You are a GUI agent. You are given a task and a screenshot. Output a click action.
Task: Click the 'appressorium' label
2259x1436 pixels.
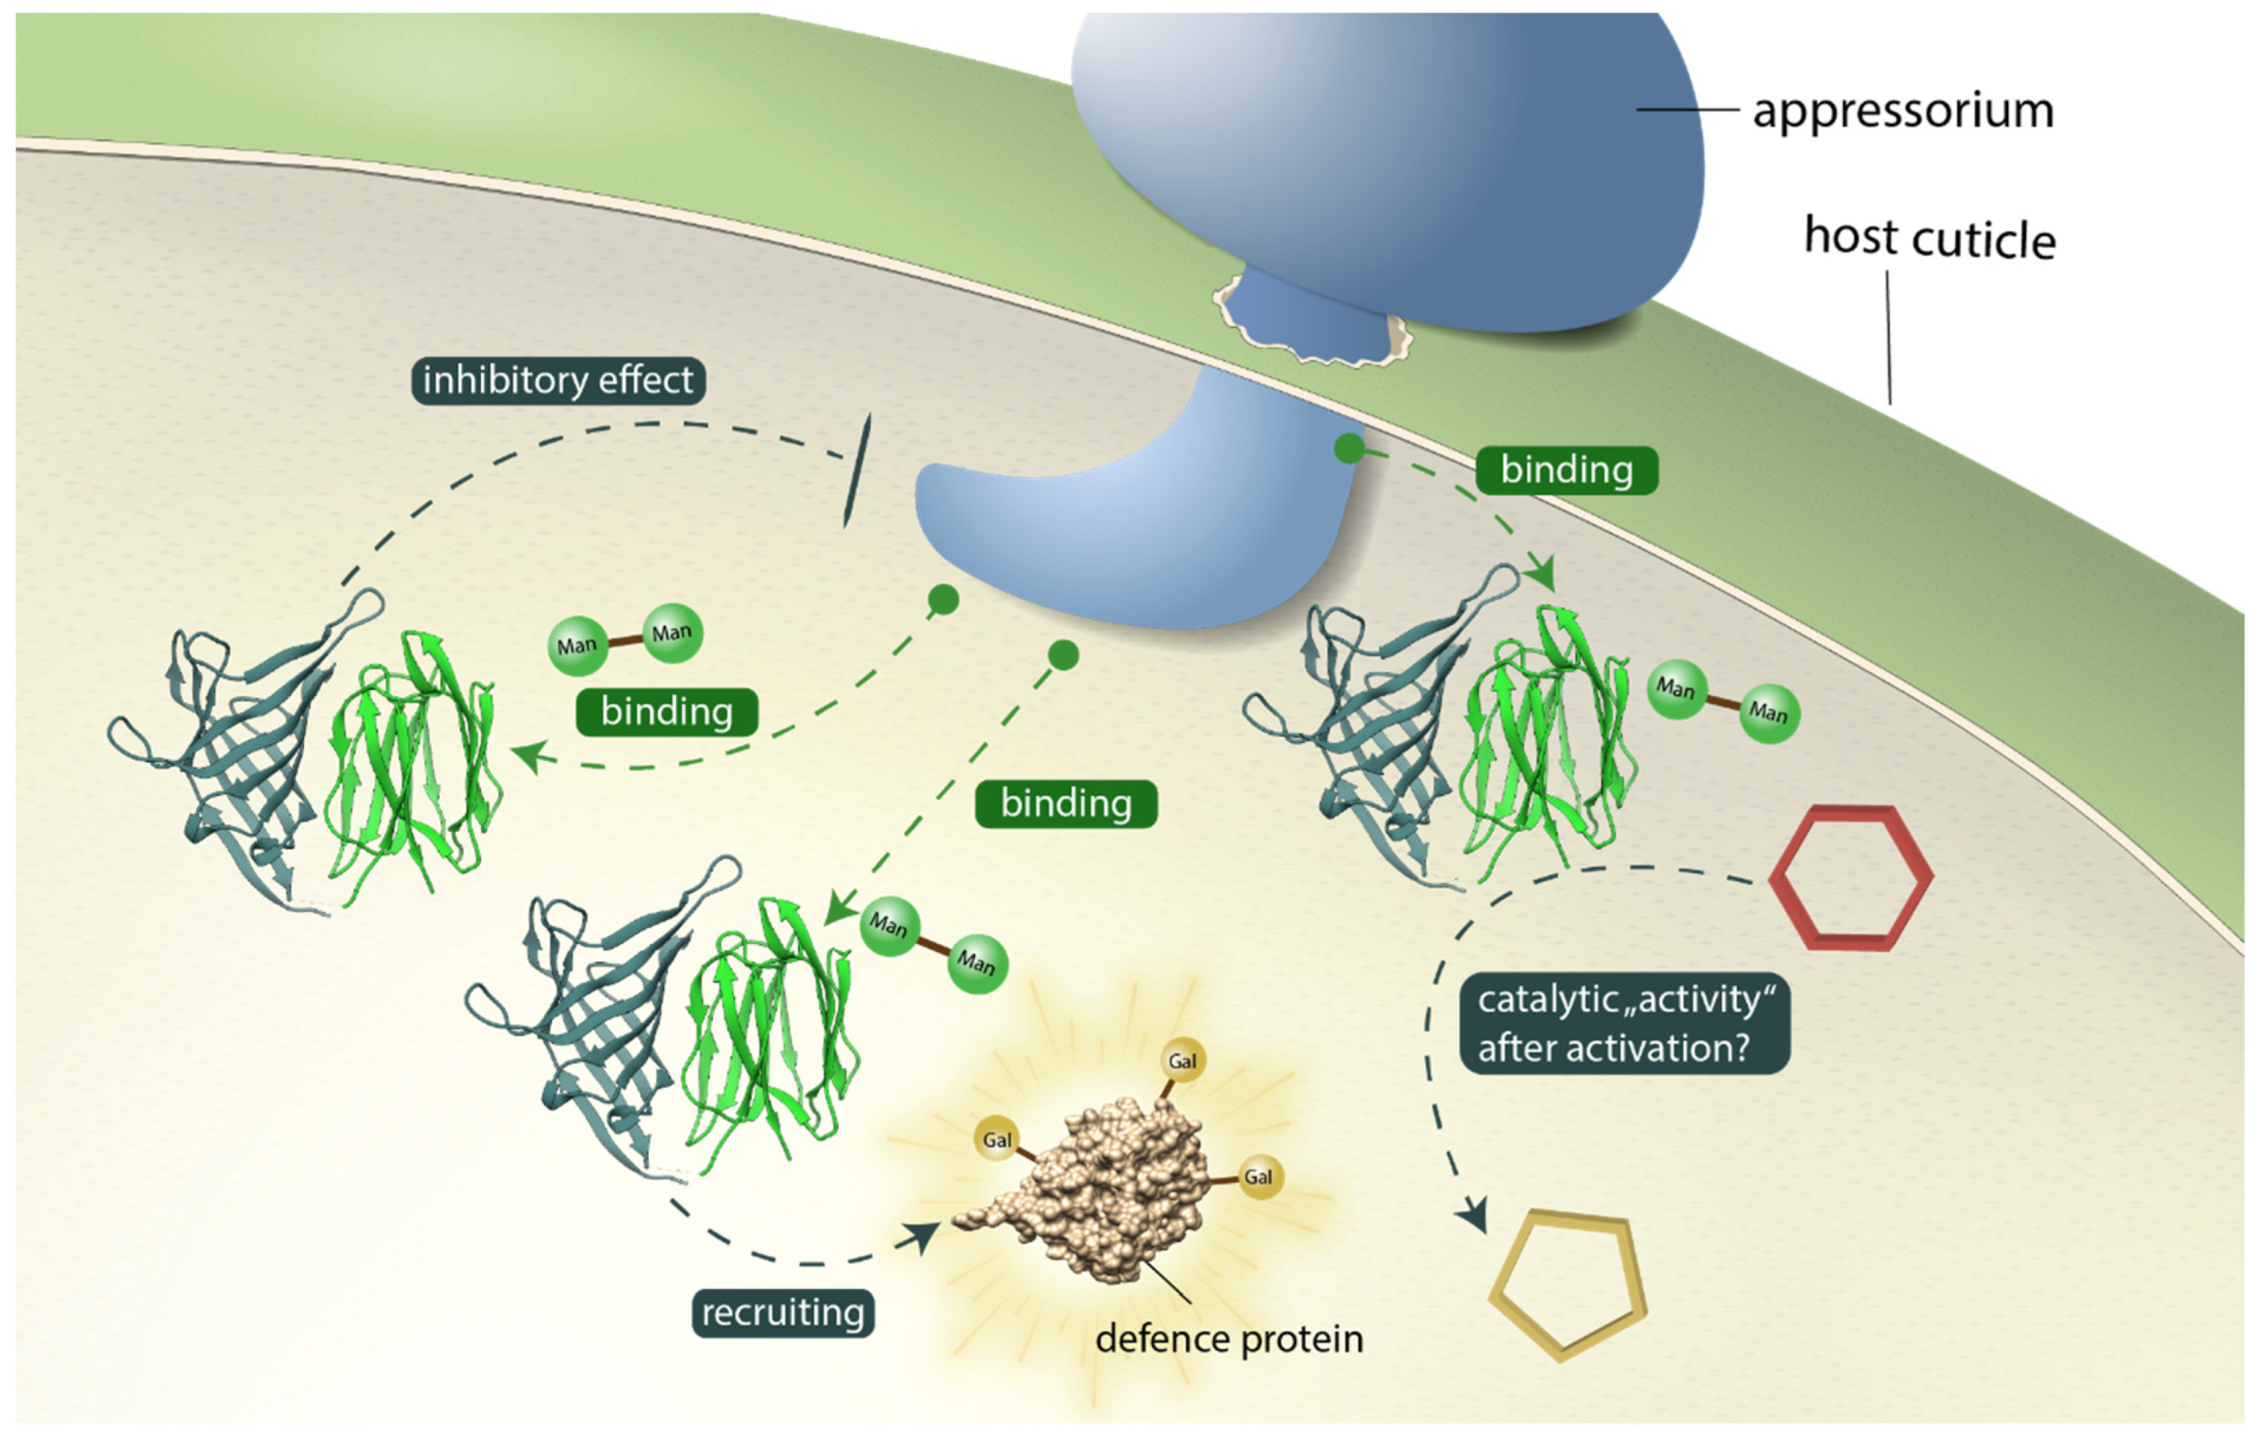tap(1903, 111)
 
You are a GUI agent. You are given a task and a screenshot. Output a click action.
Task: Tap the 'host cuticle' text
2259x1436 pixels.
tap(1929, 238)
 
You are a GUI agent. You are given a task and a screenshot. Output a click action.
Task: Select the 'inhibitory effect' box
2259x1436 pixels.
tap(558, 381)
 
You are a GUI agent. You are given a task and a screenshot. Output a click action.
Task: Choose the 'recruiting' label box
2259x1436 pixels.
tap(783, 1313)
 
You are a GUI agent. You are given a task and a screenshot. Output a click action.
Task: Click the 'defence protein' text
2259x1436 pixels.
tap(1229, 1339)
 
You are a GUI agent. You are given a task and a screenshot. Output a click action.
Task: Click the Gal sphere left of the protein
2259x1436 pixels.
tap(996, 1139)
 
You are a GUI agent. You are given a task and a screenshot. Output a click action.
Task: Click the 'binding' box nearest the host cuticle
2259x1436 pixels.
tap(1566, 470)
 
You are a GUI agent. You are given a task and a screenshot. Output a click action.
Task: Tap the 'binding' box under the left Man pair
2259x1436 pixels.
tap(666, 712)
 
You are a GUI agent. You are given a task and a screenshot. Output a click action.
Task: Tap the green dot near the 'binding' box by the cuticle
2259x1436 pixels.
tap(1349, 449)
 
